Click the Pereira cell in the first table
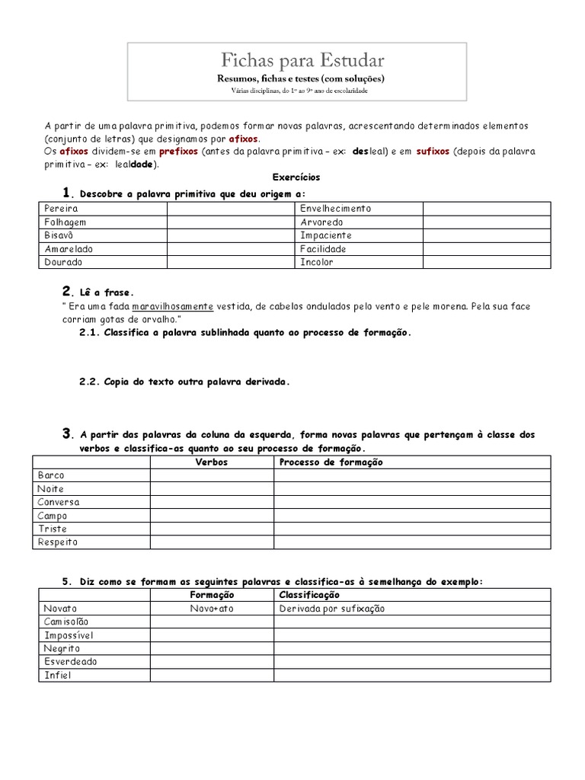click(62, 208)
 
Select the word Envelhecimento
click(335, 208)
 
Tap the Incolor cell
click(317, 262)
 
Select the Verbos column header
click(212, 462)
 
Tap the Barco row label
click(51, 475)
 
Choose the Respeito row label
click(57, 542)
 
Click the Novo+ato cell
click(212, 609)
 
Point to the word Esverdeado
click(71, 662)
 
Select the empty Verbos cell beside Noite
click(212, 489)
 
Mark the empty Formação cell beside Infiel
click(212, 675)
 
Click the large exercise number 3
click(67, 434)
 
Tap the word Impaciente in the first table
click(326, 235)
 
